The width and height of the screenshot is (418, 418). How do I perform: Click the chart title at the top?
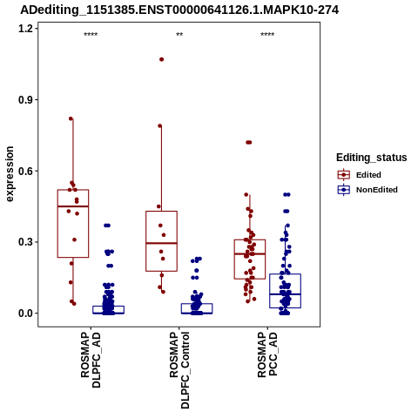click(179, 10)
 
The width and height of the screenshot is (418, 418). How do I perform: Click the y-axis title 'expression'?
click(10, 174)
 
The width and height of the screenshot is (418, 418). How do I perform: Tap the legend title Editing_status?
click(372, 158)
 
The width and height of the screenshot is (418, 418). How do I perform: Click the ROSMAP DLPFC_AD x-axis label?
click(91, 361)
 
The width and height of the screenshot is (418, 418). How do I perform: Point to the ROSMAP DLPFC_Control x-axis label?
click(179, 370)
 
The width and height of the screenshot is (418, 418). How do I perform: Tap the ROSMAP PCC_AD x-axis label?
click(267, 354)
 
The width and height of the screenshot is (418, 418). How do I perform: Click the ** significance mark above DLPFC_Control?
click(179, 35)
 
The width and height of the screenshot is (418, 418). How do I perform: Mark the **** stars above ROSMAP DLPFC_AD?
click(91, 35)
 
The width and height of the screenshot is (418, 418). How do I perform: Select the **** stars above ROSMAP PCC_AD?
click(267, 35)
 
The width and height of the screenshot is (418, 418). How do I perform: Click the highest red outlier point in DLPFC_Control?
click(161, 59)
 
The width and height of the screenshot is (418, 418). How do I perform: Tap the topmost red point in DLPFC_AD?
click(71, 118)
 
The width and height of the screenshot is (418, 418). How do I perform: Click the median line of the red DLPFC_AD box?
click(73, 206)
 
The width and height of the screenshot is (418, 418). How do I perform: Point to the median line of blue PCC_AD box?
click(285, 294)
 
